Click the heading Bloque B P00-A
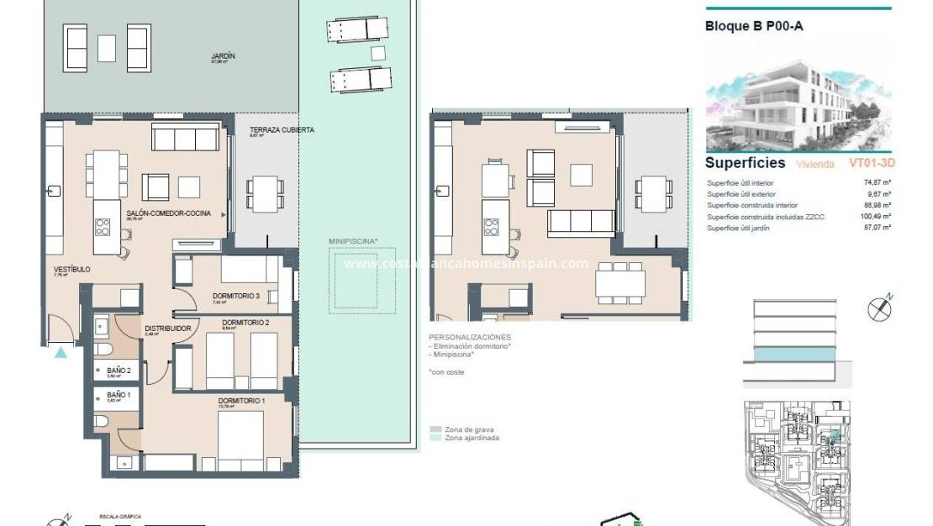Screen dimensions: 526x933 pyautogui.click(x=754, y=26)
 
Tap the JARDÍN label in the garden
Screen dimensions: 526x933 pyautogui.click(x=223, y=56)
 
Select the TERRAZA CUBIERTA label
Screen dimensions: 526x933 pyautogui.click(x=282, y=130)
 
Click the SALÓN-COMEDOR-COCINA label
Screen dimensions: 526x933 pyautogui.click(x=168, y=214)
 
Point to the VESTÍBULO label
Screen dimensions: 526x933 pyautogui.click(x=71, y=270)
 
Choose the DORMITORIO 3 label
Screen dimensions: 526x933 pyautogui.click(x=235, y=295)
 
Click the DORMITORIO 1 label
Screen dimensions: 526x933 pyautogui.click(x=241, y=401)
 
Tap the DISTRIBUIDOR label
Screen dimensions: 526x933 pyautogui.click(x=168, y=329)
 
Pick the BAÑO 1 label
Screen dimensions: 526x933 pyautogui.click(x=118, y=394)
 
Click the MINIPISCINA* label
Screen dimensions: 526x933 pyautogui.click(x=352, y=241)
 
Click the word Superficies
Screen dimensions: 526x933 pyautogui.click(x=745, y=163)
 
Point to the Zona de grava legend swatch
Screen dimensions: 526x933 pyautogui.click(x=435, y=429)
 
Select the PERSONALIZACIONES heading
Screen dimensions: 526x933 pyautogui.click(x=469, y=337)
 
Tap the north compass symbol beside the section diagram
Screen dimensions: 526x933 pyautogui.click(x=879, y=308)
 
